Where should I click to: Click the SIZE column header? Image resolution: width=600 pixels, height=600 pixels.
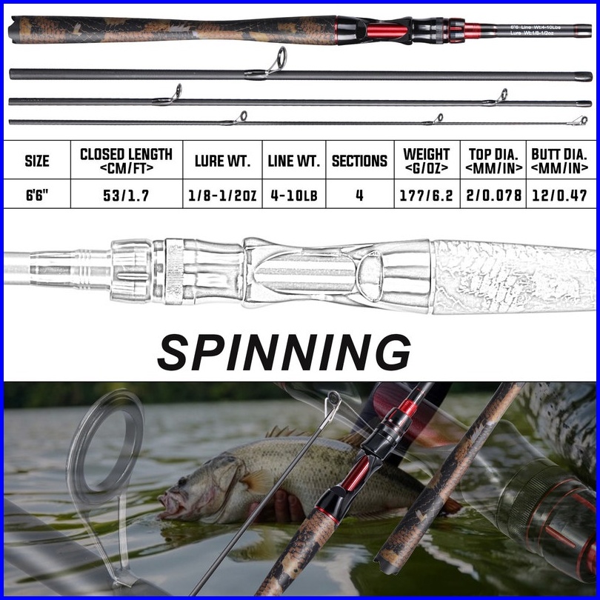(37, 161)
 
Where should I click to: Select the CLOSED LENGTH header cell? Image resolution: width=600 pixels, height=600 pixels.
(126, 161)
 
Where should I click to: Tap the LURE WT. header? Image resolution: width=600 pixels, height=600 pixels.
(222, 161)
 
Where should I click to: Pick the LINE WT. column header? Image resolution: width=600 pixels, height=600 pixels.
(293, 161)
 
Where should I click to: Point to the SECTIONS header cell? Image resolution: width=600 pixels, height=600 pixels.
(359, 161)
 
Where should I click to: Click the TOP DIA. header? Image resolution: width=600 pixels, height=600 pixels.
(493, 161)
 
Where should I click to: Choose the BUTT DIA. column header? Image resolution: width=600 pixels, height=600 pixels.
(559, 161)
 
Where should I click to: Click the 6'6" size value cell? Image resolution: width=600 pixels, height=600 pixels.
(37, 197)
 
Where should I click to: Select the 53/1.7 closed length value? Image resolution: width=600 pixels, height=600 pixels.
(126, 197)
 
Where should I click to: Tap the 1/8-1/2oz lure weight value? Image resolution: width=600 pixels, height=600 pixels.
(222, 197)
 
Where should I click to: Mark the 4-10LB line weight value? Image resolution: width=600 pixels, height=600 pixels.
(293, 197)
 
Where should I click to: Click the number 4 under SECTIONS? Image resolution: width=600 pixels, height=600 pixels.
(359, 197)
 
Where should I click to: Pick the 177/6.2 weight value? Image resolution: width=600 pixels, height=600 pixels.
(427, 197)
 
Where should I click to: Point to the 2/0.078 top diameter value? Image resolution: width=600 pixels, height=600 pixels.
(493, 197)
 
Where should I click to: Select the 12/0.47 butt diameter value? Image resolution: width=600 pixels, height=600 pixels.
(559, 197)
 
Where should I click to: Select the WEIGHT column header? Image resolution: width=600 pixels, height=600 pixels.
(427, 161)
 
